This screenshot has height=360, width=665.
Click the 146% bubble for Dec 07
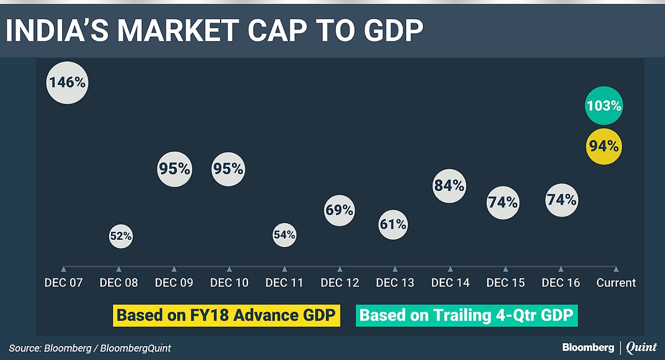pos(67,83)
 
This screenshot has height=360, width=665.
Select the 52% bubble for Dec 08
pos(120,236)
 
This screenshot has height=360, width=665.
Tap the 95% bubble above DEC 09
pos(175,169)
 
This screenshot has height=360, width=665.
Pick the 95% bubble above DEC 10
pos(228,169)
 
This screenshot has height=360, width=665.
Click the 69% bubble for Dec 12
pos(339,210)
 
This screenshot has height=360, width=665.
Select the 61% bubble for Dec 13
pos(394,224)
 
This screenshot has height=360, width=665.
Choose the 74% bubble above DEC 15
pos(503,203)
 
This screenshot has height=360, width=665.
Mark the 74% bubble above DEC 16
pos(561,200)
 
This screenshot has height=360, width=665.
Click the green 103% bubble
pos(604,105)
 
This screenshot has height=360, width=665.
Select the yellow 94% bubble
pos(604,147)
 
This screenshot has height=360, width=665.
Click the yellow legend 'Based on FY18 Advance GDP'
pos(226,315)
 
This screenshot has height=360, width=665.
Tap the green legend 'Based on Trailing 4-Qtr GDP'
pos(468,315)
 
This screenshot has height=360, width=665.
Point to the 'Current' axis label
pos(616,282)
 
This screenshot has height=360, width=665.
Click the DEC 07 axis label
pos(63,282)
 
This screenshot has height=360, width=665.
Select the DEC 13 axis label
pos(395,282)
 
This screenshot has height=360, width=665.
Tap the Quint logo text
pos(641,348)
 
